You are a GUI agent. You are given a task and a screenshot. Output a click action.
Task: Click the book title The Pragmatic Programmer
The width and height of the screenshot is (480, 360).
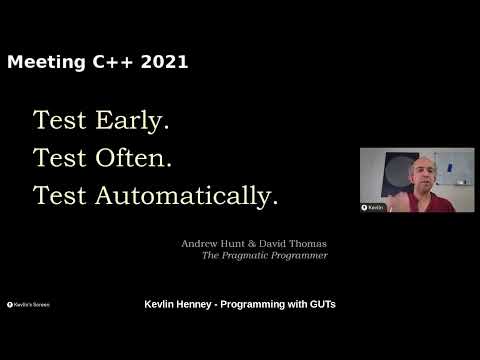tap(265, 255)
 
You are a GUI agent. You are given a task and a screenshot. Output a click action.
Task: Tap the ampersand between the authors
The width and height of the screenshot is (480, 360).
tap(249, 243)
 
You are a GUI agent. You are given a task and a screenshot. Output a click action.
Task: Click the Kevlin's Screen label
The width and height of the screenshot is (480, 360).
tap(29, 304)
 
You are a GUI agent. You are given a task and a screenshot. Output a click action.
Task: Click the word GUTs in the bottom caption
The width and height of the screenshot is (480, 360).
tap(319, 303)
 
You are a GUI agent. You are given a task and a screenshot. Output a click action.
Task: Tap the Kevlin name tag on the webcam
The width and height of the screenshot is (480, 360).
tap(374, 207)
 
